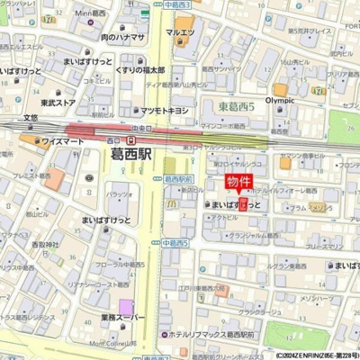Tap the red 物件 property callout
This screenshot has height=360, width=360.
point(238,184)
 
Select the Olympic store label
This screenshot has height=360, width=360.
point(280,102)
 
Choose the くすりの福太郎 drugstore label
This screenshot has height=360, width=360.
point(140,70)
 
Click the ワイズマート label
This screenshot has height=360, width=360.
point(61,140)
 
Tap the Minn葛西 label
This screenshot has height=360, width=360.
point(94,13)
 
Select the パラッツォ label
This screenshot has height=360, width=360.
point(120,193)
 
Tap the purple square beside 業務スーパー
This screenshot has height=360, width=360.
point(126,305)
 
